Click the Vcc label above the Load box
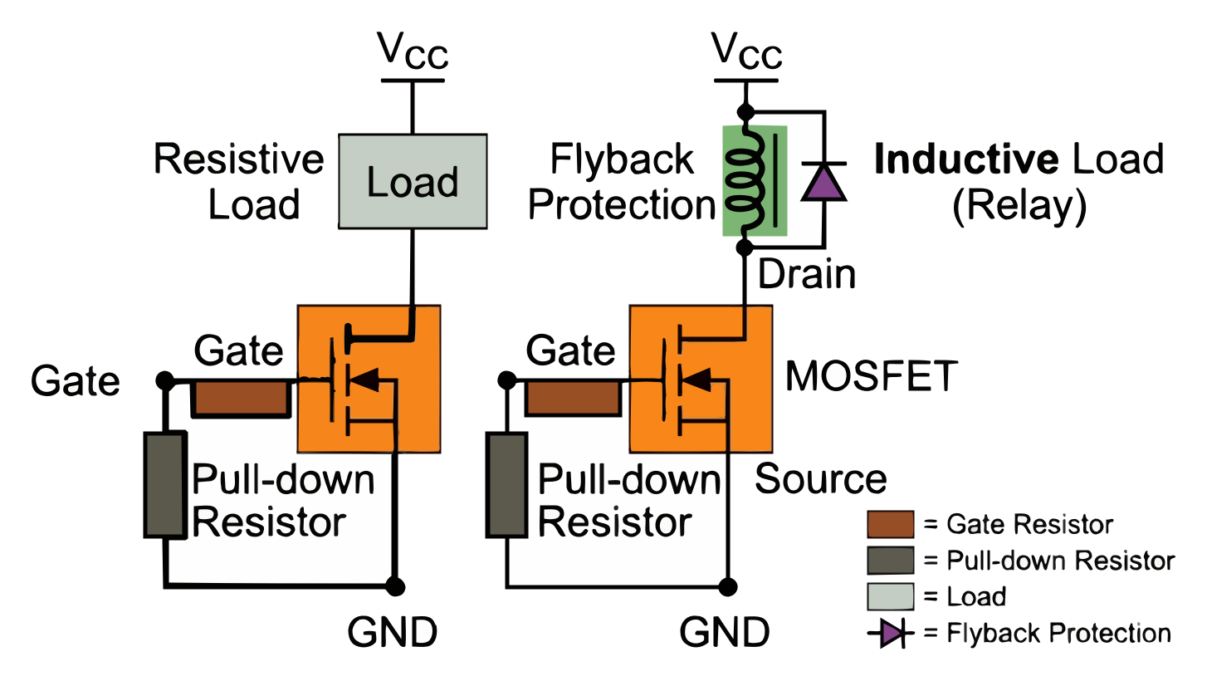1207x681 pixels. pos(413,55)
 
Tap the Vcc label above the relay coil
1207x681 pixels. pos(747,55)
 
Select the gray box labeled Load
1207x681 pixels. pos(413,182)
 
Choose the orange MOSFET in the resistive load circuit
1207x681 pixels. pos(369,379)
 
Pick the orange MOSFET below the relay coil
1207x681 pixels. pos(701,379)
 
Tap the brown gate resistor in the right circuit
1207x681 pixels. pos(574,399)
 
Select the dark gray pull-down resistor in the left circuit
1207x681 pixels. pos(164,485)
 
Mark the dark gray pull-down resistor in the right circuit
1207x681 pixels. pos(506,485)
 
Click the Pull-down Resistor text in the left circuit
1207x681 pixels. pos(282,502)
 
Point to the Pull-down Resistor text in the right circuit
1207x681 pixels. pos(628,502)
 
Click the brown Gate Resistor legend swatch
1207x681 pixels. pos(890,525)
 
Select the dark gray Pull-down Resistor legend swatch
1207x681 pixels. pos(890,561)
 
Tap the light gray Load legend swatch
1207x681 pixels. pos(890,597)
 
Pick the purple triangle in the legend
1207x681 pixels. pos(890,634)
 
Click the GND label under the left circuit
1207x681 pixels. pos(390,633)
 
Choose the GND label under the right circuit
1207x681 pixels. pos(722,633)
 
